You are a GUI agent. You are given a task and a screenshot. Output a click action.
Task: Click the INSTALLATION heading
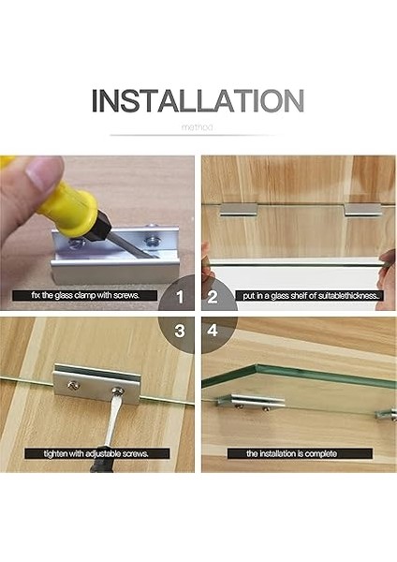click(198, 101)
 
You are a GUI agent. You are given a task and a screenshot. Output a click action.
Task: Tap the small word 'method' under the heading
click(197, 127)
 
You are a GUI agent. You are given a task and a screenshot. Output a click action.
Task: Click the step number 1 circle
click(180, 297)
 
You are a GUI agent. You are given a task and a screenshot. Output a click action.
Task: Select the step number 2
click(213, 297)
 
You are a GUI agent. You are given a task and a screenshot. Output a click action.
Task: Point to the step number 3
click(180, 331)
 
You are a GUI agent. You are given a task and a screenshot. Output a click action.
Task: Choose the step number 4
click(213, 330)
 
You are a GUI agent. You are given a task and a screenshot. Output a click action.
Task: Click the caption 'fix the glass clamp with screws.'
click(85, 295)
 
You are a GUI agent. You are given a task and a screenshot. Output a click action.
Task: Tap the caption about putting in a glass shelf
click(310, 296)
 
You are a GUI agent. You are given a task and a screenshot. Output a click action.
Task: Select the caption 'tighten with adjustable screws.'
click(96, 453)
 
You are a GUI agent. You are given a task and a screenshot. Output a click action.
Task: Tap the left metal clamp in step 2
click(238, 210)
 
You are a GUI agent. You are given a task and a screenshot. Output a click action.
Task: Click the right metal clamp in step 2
click(363, 210)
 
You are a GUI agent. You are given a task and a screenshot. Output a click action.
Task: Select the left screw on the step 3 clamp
click(73, 385)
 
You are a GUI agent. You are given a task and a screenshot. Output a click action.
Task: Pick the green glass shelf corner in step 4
click(256, 366)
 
